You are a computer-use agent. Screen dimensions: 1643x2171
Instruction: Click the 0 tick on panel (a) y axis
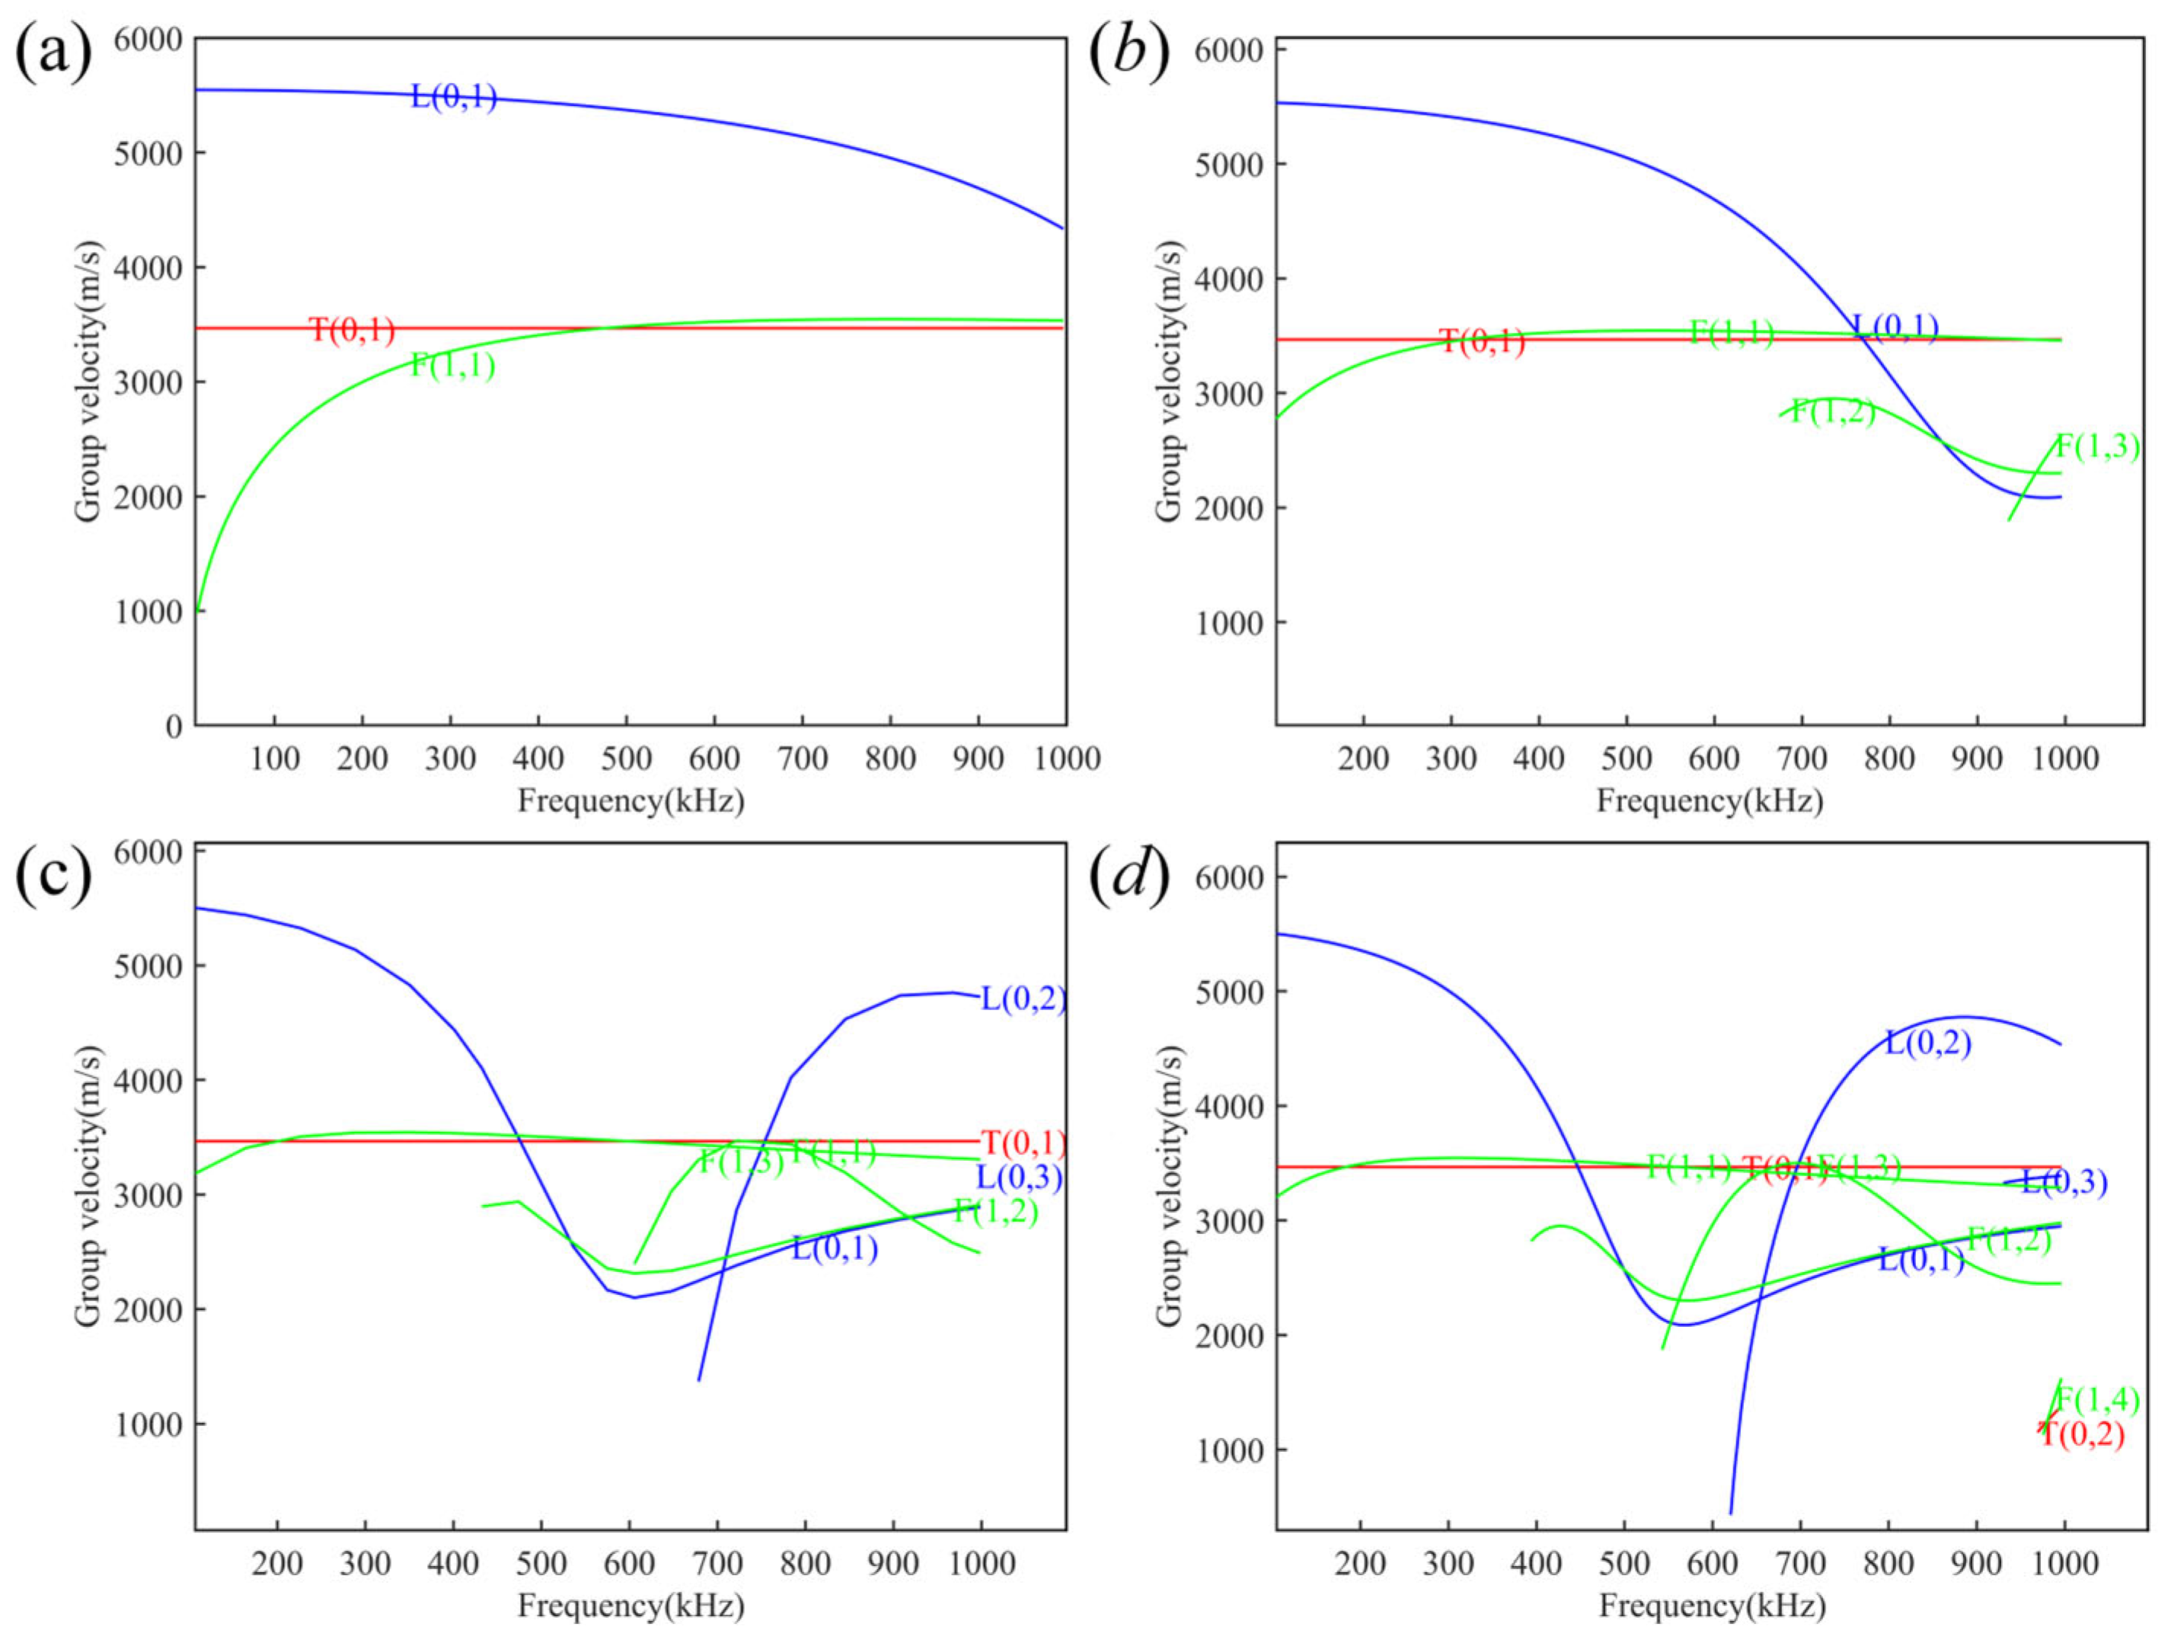coord(174,727)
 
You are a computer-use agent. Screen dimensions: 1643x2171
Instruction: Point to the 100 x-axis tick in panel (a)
coord(275,759)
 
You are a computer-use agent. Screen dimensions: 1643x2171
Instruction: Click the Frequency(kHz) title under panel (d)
coord(1713,1606)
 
